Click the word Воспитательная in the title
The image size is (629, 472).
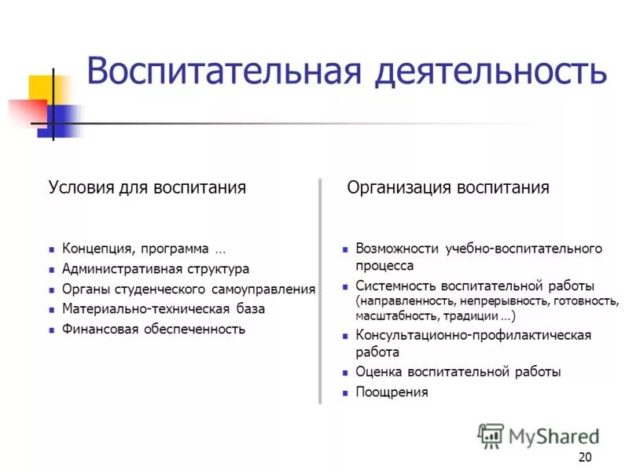pos(225,71)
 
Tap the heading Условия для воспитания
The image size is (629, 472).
pos(147,187)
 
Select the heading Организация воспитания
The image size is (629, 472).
pos(448,187)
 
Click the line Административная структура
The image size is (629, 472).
pos(156,269)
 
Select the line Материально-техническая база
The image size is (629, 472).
pos(164,309)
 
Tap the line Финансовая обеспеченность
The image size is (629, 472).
pos(154,330)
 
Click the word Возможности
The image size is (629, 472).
pos(398,249)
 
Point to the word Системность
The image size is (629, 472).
pos(395,286)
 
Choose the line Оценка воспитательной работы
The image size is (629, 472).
pos(458,372)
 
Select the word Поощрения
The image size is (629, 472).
pos(392,392)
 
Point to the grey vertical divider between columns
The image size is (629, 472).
pos(320,291)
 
